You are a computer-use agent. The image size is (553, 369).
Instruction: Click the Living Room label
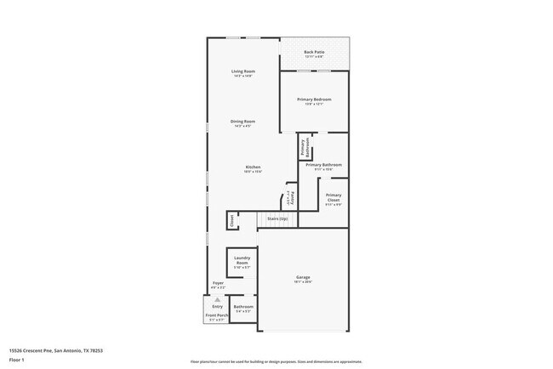(243, 71)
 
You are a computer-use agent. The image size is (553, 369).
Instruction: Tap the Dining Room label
(243, 122)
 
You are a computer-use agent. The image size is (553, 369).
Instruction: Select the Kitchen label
(253, 167)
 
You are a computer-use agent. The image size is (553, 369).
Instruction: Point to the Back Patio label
(314, 52)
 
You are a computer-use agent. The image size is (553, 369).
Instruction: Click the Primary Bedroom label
(314, 99)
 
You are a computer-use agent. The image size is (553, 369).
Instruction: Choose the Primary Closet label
(334, 198)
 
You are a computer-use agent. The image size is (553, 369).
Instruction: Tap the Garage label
(303, 277)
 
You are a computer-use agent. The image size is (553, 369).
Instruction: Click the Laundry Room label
(242, 263)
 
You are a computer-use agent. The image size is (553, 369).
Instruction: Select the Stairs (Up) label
(276, 219)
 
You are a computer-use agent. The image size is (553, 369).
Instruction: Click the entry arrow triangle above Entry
(217, 300)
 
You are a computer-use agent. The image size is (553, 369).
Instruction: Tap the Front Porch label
(216, 315)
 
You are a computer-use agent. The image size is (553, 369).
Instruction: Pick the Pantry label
(292, 197)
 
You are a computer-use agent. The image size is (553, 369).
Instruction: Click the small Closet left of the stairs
(231, 220)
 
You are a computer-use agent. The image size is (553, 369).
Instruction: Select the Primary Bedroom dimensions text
(314, 105)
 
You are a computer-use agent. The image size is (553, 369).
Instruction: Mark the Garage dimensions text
(303, 282)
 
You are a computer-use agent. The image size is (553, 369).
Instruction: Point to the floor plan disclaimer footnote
(276, 361)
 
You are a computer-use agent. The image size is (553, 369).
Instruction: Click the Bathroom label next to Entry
(243, 307)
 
